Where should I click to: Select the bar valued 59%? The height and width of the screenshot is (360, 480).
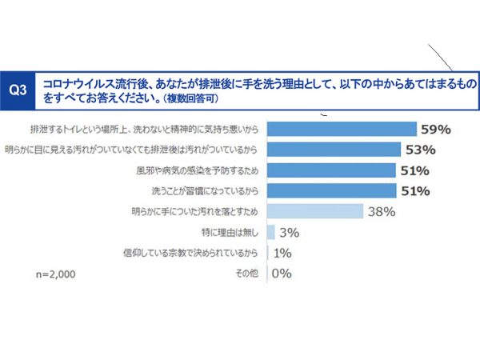342,128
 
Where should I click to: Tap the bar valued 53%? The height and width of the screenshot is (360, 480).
333,149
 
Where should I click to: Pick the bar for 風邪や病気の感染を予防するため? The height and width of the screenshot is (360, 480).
330,170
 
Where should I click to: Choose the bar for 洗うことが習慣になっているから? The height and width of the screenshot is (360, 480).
330,190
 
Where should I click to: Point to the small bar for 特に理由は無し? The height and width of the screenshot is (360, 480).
270,232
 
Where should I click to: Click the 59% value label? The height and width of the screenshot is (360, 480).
436,128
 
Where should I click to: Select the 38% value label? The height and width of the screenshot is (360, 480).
382,211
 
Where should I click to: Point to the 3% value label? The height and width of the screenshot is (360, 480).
289,232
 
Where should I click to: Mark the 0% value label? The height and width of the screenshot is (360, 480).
282,274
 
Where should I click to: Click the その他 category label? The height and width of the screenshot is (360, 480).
245,274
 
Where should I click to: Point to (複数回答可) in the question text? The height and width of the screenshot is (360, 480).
185,98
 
